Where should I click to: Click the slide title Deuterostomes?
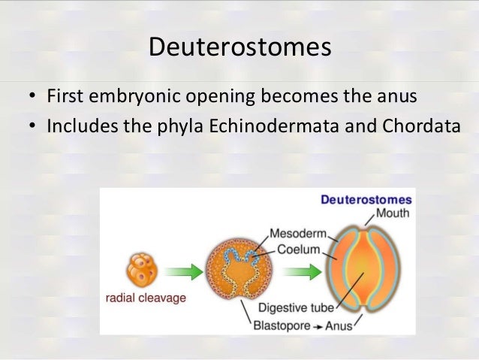click(239, 47)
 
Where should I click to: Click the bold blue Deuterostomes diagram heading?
click(366, 200)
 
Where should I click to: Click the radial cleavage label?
click(144, 297)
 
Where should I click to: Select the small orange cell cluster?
click(140, 268)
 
